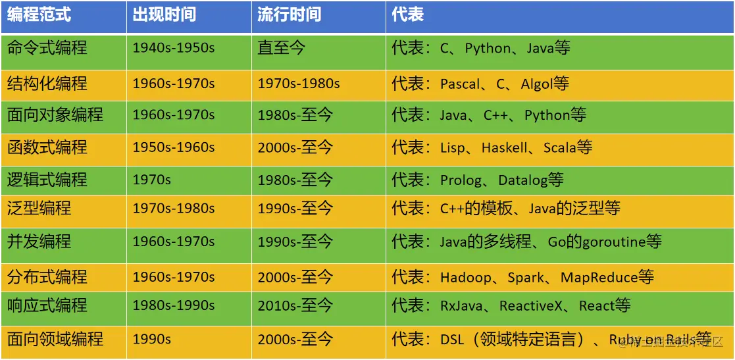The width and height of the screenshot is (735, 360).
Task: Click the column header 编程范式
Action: click(39, 14)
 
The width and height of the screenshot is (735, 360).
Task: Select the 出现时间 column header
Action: click(164, 14)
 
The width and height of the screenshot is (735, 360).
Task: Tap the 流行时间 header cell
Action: click(290, 14)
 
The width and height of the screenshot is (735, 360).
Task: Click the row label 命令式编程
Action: click(47, 48)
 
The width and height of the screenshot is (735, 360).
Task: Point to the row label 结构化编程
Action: click(47, 84)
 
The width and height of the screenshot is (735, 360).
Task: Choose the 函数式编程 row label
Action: click(47, 147)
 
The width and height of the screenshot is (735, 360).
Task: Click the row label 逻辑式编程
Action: click(47, 180)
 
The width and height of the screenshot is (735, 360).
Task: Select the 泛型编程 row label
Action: click(39, 208)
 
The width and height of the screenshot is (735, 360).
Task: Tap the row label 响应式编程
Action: click(47, 305)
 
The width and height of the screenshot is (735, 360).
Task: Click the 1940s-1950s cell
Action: click(174, 48)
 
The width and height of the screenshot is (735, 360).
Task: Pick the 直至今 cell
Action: click(281, 48)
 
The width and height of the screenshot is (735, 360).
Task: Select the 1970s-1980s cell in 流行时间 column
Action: click(299, 84)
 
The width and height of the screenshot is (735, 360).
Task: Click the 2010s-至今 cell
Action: click(295, 305)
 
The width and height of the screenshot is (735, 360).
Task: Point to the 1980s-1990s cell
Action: click(174, 305)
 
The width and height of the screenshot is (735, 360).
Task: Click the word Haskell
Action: click(505, 147)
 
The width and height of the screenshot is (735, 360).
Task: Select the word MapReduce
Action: click(599, 277)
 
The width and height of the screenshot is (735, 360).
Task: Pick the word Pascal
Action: click(460, 84)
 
